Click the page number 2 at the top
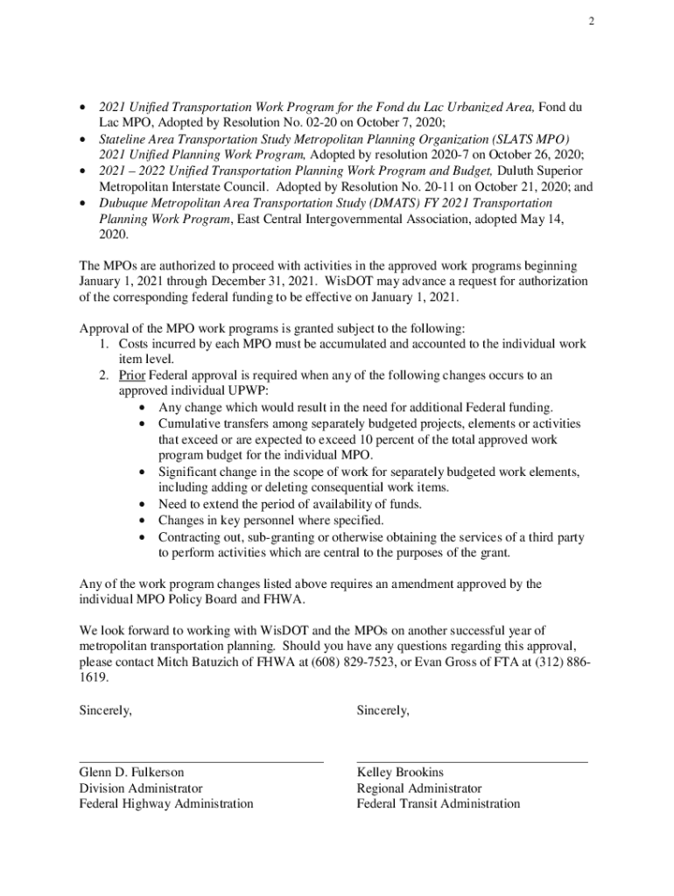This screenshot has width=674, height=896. tap(592, 22)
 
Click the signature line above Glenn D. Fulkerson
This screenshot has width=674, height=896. tap(201, 762)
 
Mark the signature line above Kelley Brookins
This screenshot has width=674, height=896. tap(472, 762)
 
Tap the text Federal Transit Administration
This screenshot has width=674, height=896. tap(438, 804)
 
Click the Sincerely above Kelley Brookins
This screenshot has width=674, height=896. tap(383, 710)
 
